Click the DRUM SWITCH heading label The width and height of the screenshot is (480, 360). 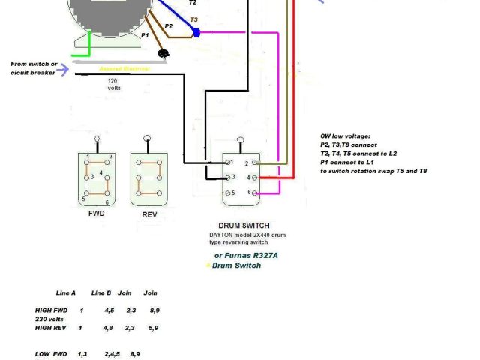click(x=244, y=225)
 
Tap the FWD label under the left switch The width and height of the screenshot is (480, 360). click(x=97, y=214)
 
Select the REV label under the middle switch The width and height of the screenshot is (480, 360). click(x=149, y=215)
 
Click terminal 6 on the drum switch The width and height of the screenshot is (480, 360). click(x=253, y=193)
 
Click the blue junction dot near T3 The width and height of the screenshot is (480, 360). click(x=196, y=33)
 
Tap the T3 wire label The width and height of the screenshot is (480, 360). click(x=194, y=19)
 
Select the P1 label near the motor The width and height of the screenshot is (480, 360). click(x=145, y=35)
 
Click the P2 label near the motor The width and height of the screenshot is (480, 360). click(x=168, y=26)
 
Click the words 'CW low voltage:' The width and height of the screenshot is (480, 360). click(x=345, y=136)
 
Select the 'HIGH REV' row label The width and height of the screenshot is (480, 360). click(x=51, y=327)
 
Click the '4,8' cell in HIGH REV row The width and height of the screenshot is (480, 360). click(x=109, y=327)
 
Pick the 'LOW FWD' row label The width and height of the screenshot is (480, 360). click(x=51, y=353)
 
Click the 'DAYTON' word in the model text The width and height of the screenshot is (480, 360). click(x=223, y=235)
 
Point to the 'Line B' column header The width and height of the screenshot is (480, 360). click(x=101, y=292)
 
